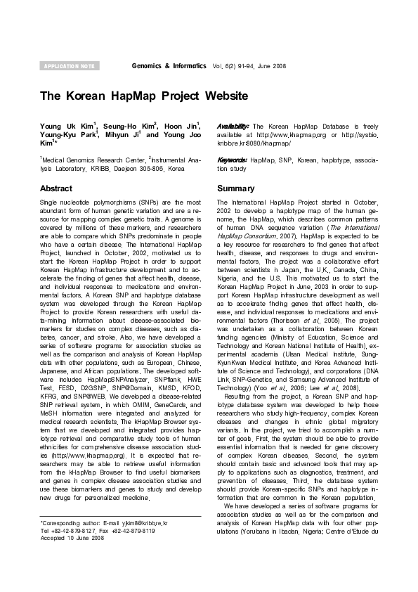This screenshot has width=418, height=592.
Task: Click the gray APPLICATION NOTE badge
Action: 69,65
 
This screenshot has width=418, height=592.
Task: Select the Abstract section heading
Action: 56,189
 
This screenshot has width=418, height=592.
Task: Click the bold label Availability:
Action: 233,125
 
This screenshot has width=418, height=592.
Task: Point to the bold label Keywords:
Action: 233,160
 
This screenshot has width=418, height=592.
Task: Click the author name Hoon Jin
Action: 181,125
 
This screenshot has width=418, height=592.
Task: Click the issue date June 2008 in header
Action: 273,65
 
